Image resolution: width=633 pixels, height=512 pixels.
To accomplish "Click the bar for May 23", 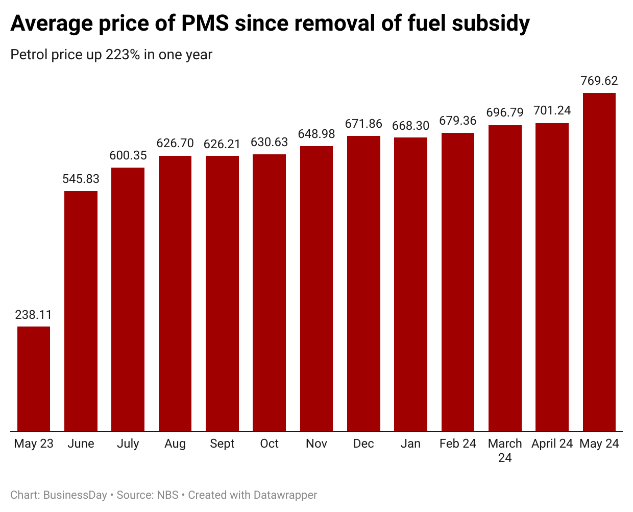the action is point(34,379).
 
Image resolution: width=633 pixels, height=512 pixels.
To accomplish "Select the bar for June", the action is point(81,311).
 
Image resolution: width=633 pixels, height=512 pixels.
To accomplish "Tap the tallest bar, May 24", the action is point(599,262).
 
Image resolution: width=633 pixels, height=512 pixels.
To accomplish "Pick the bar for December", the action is point(363,283).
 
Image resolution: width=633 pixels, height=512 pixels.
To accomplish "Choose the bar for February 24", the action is point(458,282).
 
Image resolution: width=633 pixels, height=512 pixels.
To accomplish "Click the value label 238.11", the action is point(34,315).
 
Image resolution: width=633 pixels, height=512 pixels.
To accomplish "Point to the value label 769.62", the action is point(599,81).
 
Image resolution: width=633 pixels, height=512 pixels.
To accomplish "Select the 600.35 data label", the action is point(128,155).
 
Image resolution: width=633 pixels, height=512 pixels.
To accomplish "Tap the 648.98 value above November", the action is point(316,134).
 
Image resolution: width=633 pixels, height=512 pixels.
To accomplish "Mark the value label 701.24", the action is point(552,111).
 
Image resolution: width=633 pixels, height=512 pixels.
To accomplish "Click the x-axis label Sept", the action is point(222,444).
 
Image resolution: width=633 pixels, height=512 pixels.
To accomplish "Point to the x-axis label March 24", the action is point(505,450).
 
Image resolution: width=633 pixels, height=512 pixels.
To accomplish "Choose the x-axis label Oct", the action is point(269,444).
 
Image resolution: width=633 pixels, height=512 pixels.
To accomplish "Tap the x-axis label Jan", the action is point(410,444).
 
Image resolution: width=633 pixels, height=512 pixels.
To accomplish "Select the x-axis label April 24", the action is point(552,444).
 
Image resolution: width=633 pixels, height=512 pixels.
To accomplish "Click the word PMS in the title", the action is point(205,23).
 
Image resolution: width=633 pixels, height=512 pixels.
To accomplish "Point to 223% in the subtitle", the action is point(123,55).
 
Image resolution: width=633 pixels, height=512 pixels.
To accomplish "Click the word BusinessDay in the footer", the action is point(75,495).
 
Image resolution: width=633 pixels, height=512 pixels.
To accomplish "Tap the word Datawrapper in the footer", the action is point(285,495).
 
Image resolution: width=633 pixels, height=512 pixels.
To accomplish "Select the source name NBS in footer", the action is point(167,495).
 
